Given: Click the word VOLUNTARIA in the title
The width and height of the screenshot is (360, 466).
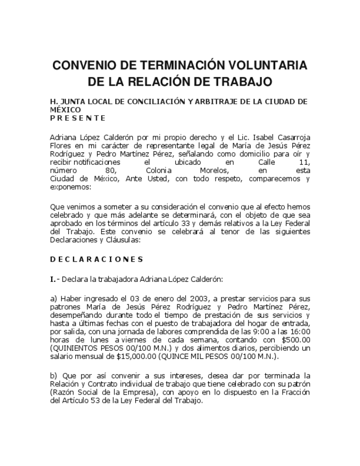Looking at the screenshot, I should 264,65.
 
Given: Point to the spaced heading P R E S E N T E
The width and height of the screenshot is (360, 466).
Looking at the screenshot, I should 77,118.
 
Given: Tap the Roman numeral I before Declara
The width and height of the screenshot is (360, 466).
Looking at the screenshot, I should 52,279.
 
